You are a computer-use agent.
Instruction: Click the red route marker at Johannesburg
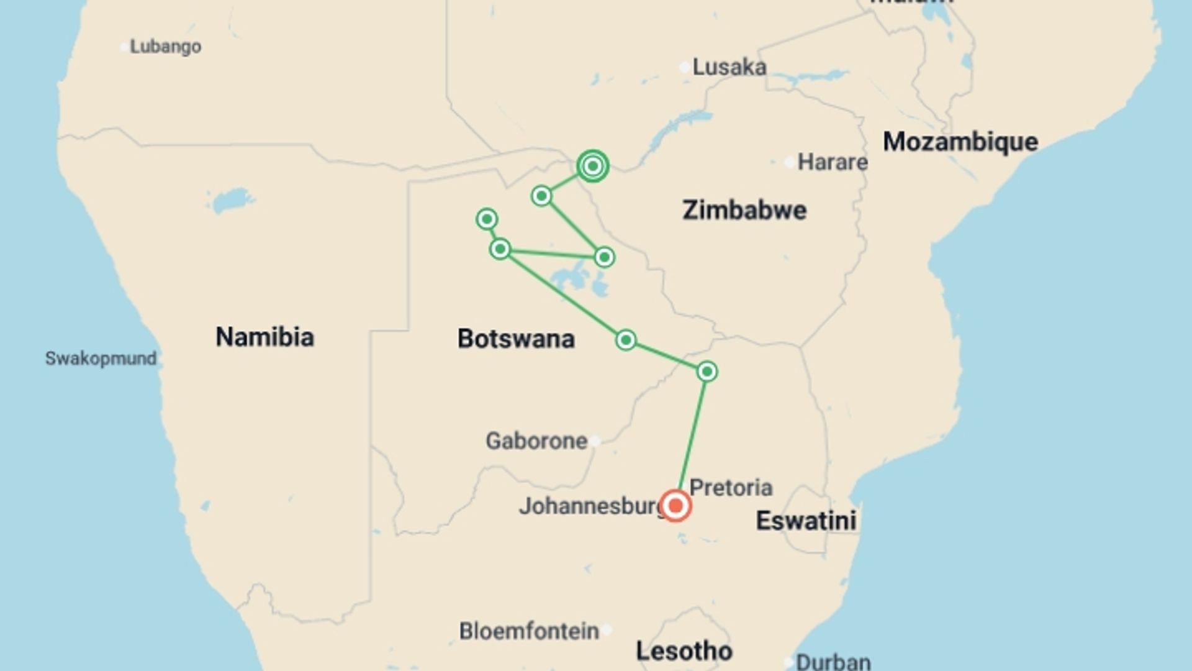coord(675,505)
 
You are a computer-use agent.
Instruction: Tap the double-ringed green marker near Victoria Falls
coord(592,166)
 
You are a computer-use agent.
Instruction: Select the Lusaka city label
coord(729,67)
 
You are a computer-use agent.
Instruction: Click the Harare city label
coord(832,162)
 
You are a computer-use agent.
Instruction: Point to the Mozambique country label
coord(960,142)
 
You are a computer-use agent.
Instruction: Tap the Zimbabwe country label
coord(744,210)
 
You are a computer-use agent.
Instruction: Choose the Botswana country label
coord(516,339)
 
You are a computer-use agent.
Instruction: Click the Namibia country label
coord(264,337)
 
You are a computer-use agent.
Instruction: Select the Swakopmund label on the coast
coord(101,358)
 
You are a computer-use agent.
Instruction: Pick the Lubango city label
coord(165,47)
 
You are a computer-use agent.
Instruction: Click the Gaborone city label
coord(536,441)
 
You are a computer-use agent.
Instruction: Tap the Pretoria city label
coord(731,488)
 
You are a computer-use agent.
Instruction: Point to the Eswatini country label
coord(806,521)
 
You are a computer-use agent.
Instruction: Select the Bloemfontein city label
coord(529,631)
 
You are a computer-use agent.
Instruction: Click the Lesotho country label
coord(684,651)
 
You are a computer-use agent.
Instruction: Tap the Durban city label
coord(833,662)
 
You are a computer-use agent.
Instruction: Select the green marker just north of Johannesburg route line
coord(707,372)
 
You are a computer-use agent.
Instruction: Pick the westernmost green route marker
coord(487,219)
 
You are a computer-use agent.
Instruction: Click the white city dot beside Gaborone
coord(595,441)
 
